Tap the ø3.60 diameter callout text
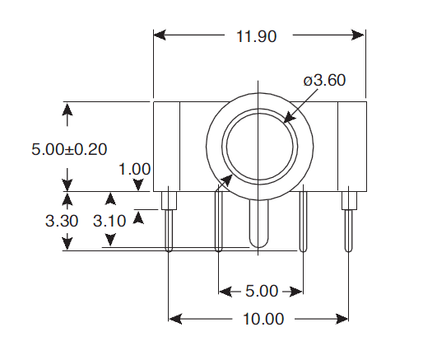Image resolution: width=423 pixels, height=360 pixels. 324,81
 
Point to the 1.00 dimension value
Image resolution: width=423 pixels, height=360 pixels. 134,169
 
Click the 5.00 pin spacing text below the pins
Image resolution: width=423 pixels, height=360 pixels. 263,291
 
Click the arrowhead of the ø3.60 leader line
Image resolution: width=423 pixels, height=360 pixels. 288,117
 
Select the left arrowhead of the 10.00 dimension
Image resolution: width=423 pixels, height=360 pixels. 175,319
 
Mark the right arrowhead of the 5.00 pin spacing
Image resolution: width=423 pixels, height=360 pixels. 297,291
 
